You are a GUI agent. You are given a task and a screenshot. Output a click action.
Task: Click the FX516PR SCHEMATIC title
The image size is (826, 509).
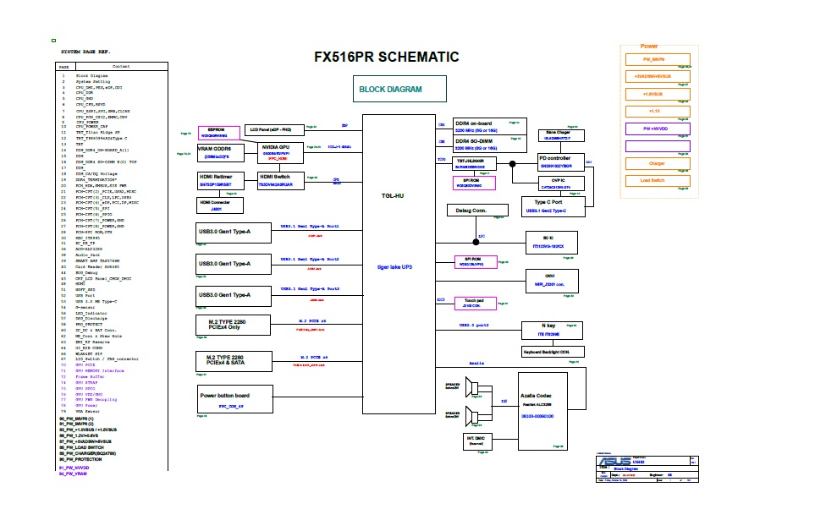click(x=386, y=57)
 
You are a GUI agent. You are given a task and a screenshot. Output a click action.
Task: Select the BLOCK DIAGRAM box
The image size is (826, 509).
click(x=390, y=89)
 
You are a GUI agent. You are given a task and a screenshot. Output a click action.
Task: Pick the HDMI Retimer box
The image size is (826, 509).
click(x=220, y=181)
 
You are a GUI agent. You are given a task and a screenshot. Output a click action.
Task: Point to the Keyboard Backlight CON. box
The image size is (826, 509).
click(x=552, y=352)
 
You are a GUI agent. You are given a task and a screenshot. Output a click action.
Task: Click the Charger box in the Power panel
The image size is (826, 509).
click(x=657, y=163)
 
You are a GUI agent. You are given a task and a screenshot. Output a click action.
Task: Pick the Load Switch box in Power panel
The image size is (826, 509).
click(x=657, y=180)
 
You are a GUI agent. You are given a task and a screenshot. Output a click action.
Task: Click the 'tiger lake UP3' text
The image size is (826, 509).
click(x=394, y=266)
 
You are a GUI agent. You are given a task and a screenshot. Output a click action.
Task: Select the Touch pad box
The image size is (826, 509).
click(x=475, y=302)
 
